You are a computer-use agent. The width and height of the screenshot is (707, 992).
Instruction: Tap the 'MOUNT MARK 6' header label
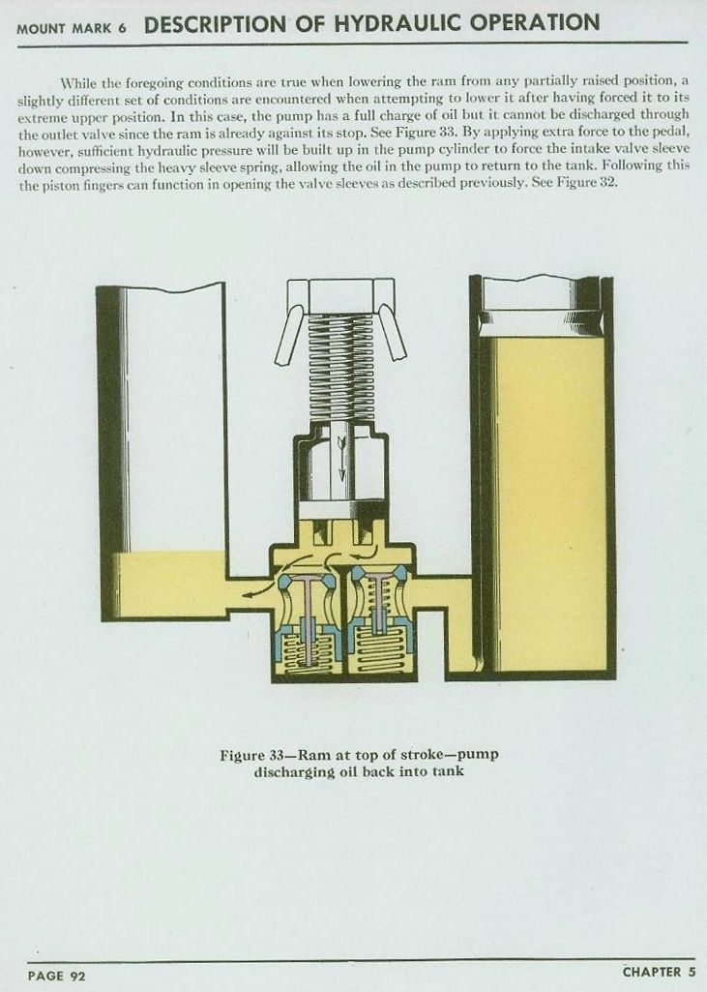click(71, 29)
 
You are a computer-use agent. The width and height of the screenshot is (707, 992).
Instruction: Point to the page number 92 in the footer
click(77, 976)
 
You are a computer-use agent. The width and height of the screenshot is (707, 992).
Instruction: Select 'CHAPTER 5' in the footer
click(660, 972)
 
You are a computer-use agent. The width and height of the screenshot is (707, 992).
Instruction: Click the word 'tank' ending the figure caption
click(448, 771)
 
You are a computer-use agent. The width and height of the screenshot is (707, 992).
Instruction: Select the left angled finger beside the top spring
click(288, 332)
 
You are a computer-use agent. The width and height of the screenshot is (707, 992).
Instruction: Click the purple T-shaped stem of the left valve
click(308, 616)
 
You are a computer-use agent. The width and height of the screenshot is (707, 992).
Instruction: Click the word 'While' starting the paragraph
click(75, 83)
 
